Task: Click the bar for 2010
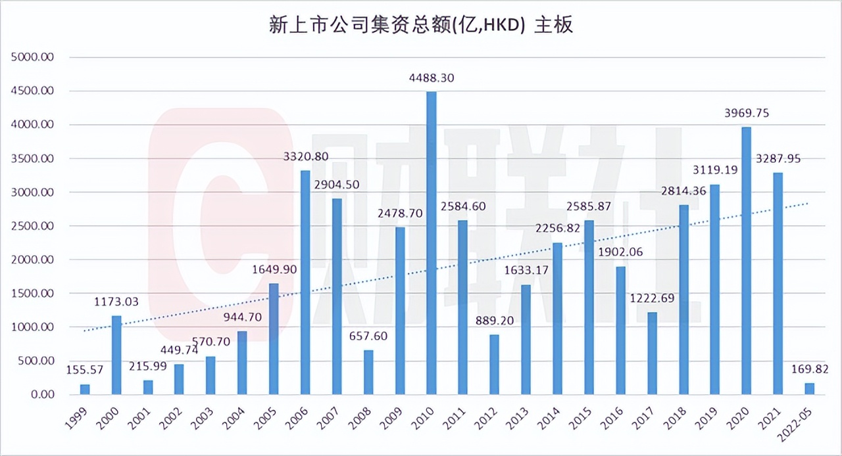pos(432,243)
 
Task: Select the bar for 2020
pos(746,261)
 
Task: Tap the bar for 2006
pos(305,283)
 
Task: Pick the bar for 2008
pos(368,373)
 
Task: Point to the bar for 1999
pos(85,390)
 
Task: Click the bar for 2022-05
pos(809,389)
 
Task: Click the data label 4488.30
pos(432,78)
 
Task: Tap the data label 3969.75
pos(746,114)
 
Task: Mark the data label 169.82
pos(809,370)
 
